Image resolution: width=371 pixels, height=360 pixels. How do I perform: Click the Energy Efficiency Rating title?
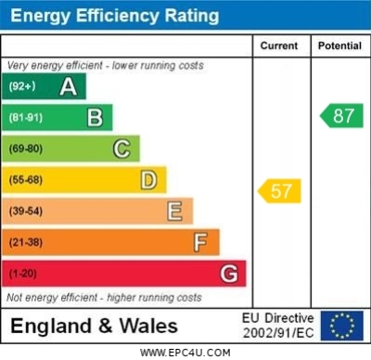[x=113, y=16]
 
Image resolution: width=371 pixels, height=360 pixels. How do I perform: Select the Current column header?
[x=279, y=45]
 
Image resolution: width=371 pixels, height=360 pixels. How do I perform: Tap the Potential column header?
[x=340, y=45]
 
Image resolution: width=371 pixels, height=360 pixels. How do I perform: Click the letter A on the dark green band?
[x=68, y=87]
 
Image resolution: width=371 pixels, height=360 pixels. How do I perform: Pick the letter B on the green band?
[x=95, y=118]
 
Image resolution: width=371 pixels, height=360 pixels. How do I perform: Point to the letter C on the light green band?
[x=122, y=148]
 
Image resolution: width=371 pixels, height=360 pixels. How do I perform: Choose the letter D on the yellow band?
[x=148, y=180]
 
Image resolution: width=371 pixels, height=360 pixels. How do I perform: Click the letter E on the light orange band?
[x=174, y=212]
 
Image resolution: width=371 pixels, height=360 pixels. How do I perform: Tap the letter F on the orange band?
[x=200, y=242]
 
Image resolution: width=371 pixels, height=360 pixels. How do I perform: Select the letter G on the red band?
[x=228, y=274]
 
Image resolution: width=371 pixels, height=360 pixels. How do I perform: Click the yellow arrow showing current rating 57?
[x=279, y=192]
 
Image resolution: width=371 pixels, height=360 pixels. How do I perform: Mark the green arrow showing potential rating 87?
[x=340, y=116]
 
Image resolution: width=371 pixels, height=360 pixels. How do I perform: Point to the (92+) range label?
[x=21, y=87]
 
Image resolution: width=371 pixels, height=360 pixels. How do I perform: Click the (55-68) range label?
[x=26, y=180]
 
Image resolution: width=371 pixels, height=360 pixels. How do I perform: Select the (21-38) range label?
[x=26, y=243]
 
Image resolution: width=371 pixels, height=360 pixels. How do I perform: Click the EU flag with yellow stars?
[x=341, y=325]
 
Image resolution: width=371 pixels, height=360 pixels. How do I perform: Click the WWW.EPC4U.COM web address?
[x=185, y=353]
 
